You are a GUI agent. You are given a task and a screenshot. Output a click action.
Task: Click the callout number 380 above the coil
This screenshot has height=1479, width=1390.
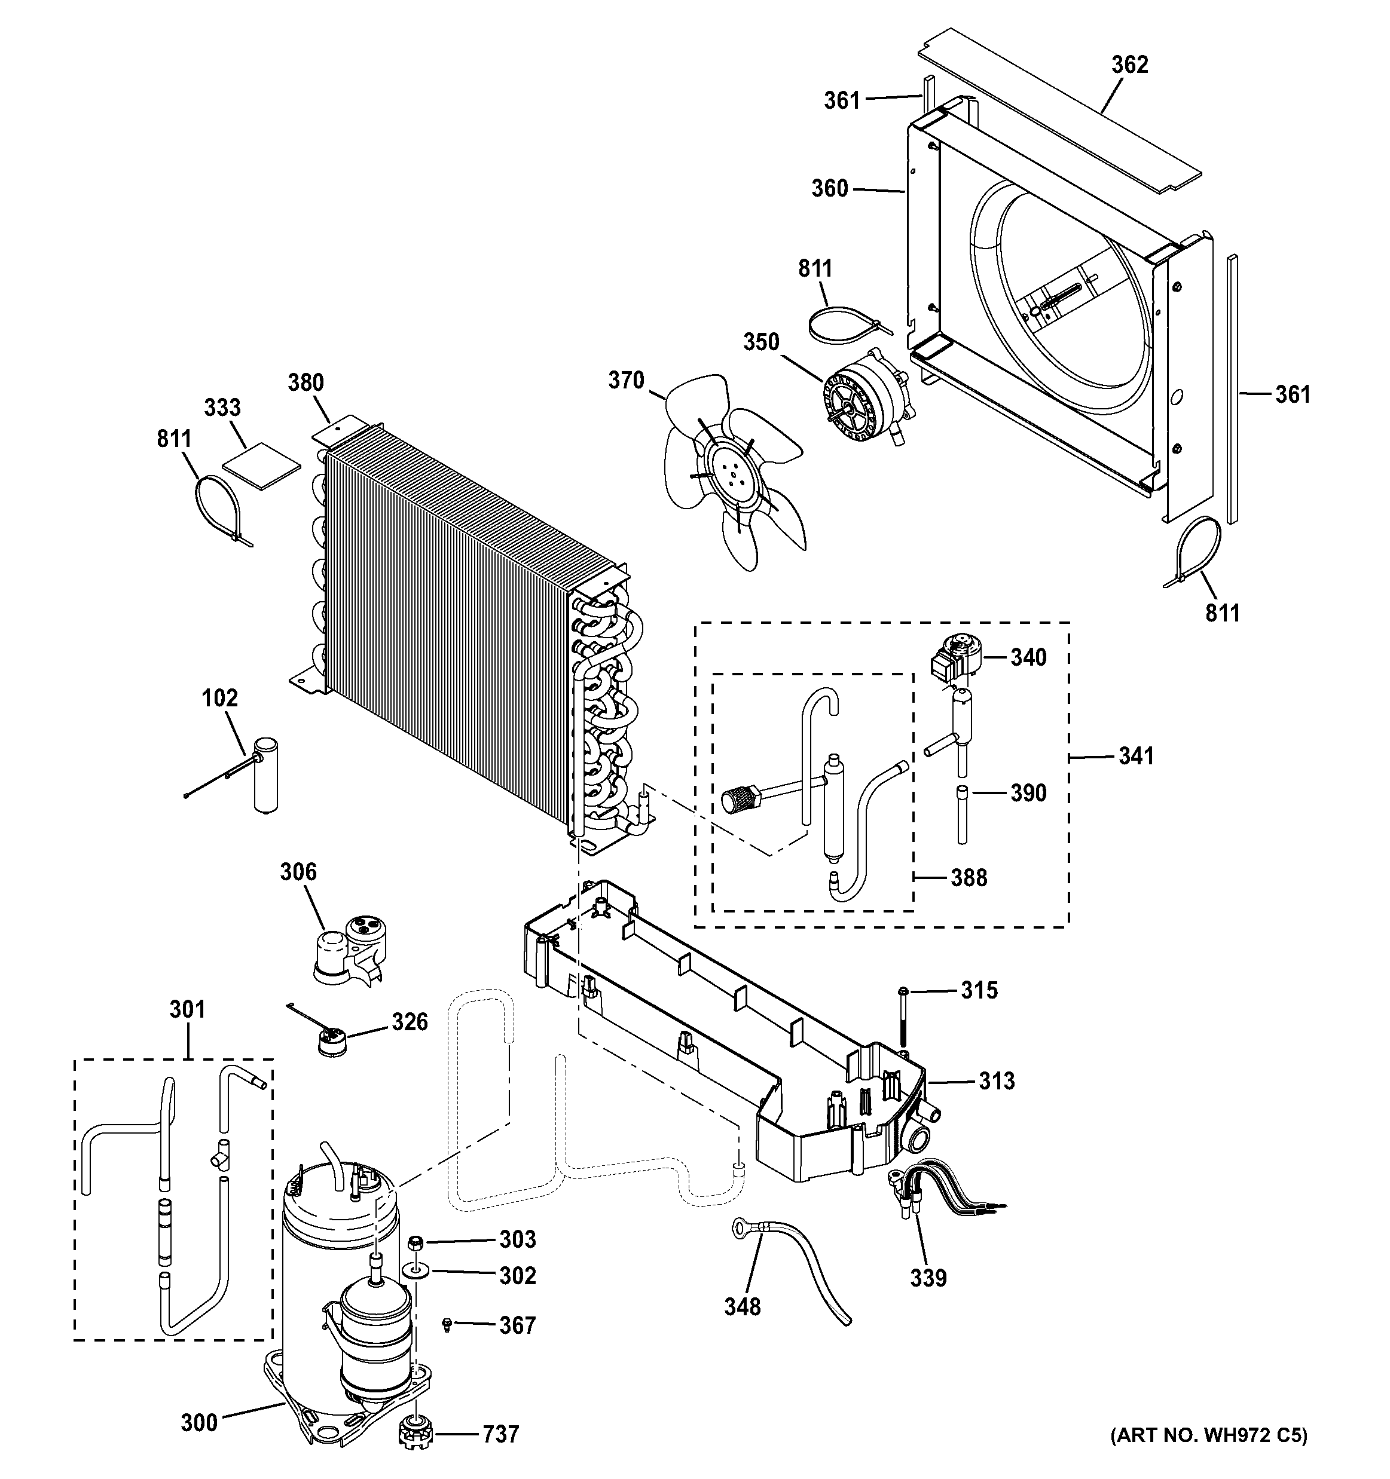point(306,382)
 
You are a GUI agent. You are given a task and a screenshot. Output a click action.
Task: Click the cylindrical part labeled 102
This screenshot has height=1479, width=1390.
point(264,774)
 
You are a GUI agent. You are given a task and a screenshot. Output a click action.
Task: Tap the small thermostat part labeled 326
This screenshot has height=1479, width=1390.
point(329,1041)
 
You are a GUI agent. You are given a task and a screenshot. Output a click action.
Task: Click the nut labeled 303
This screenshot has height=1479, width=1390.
point(417,1242)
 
